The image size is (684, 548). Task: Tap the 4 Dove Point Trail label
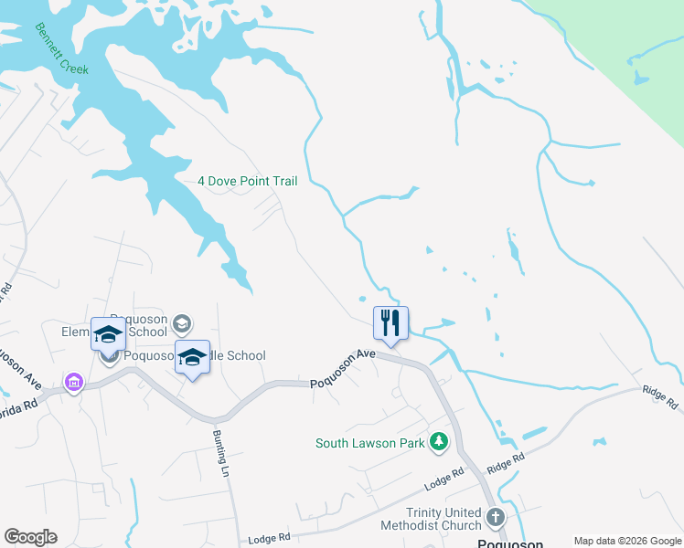point(248,181)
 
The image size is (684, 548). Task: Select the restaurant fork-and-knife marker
point(390,322)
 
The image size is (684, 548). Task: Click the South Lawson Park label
point(370,443)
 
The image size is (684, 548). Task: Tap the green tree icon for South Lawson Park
point(440,442)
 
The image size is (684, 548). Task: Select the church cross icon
point(495,518)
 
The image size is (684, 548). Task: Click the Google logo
point(30,537)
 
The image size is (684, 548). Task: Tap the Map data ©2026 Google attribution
point(626,541)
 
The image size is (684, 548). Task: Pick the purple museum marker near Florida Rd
point(73,381)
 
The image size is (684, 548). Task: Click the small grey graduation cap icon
point(182,322)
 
